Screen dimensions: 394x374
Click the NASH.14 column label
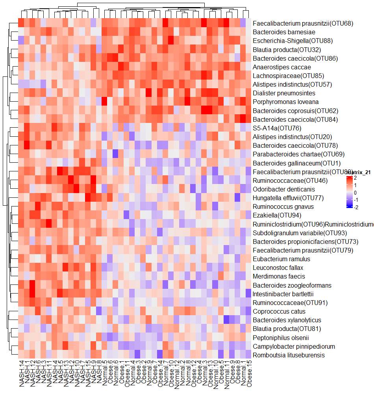(x=22, y=374)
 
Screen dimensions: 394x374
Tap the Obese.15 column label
(x=248, y=374)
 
